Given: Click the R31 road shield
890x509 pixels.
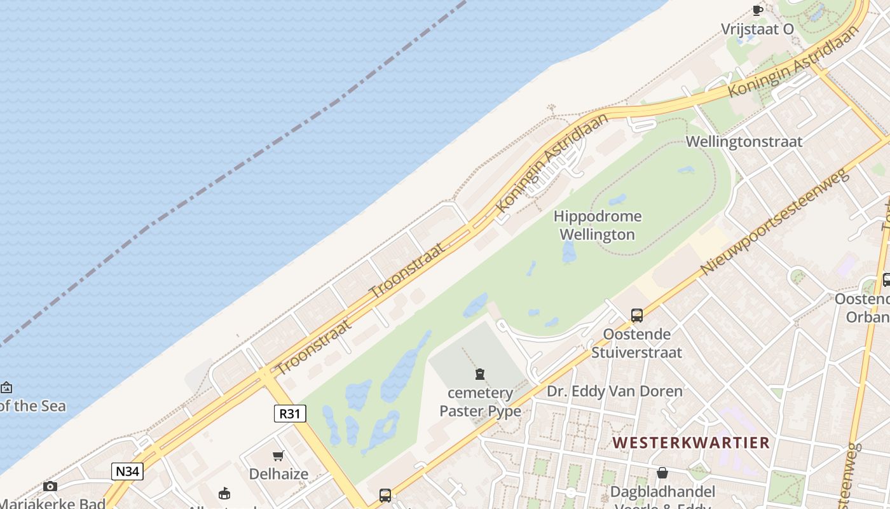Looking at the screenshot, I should [290, 414].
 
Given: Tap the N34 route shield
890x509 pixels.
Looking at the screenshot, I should [127, 471].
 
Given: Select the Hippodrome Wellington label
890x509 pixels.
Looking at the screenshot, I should [597, 225].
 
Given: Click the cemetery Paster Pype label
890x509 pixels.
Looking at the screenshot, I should [480, 402].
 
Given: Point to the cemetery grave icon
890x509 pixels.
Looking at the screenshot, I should [480, 374].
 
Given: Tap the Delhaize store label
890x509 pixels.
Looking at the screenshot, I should [278, 474].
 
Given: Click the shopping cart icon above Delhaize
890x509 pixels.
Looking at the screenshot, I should [278, 456].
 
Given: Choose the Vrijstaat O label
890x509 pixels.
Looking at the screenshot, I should [757, 29].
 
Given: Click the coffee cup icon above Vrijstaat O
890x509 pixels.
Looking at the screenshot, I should [757, 10].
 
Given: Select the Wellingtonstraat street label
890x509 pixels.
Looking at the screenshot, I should [744, 141].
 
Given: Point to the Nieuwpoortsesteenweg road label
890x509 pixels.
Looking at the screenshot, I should [774, 221].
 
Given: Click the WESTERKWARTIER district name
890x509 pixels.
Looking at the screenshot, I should [691, 442].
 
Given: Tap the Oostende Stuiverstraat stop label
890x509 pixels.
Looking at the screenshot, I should [636, 343].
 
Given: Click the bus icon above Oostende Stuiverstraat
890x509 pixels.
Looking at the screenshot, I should [636, 315].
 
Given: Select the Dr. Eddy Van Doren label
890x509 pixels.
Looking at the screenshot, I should [615, 391].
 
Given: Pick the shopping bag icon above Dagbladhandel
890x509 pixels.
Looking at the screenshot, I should [662, 473].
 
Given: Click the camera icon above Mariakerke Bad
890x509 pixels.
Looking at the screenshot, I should [50, 487].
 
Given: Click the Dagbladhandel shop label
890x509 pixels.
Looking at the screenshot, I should [662, 492].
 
